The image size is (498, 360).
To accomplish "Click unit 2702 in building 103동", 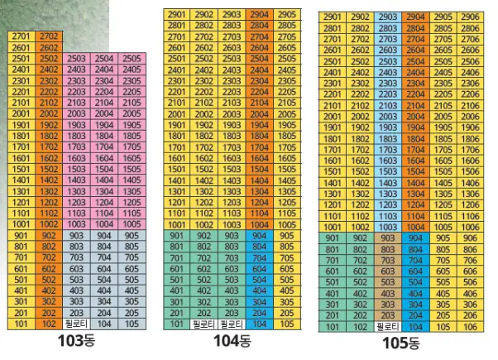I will tap(49, 36).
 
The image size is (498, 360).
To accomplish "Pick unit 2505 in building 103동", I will tap(130, 59).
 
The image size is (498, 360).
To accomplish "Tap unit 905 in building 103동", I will tap(130, 236).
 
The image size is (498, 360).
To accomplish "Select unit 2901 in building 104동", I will tap(176, 15).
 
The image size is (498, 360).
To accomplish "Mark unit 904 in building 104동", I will tap(257, 235).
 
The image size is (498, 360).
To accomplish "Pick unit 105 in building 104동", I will tap(285, 324).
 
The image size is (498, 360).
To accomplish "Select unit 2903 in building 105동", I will tap(386, 17).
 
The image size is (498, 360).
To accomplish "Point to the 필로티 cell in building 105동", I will tap(386, 327).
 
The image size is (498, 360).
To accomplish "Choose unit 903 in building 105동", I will tap(386, 238).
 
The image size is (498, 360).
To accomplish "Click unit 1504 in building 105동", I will tap(414, 170).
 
